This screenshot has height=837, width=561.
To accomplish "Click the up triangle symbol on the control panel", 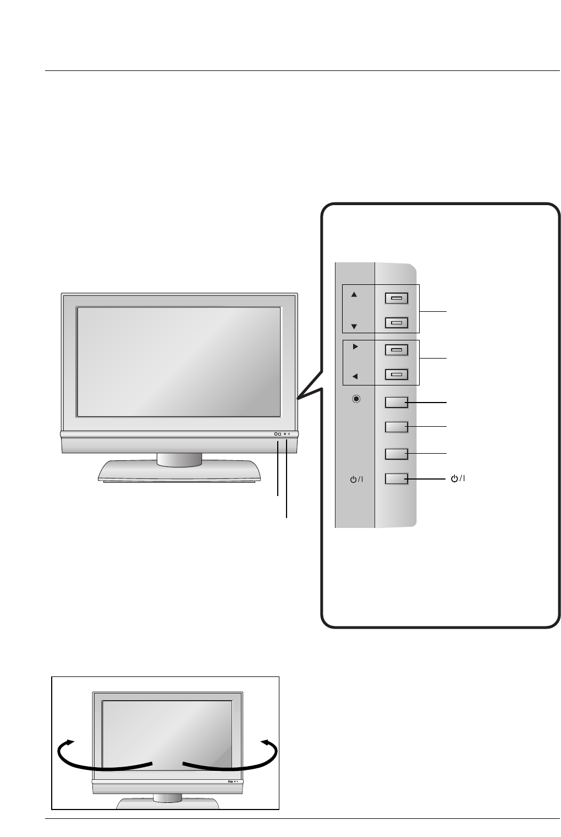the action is coord(354,295).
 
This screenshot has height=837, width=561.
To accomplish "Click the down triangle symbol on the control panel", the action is coord(354,326).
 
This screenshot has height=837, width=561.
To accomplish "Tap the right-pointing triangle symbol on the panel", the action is coord(355,347).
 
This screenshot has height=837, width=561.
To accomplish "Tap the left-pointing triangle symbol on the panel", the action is coord(355,377).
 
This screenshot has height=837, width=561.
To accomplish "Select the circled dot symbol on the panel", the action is coord(356,399).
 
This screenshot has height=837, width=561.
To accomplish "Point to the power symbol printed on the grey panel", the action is coord(356,480).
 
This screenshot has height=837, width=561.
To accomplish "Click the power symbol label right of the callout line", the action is coord(458,478).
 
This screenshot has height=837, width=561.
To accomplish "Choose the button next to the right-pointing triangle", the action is coord(396,350).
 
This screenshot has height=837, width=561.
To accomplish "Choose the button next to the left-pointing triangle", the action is coord(396,375).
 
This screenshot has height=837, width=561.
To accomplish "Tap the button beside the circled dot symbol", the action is coord(396,403).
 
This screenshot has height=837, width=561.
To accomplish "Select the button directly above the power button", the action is coord(396,454).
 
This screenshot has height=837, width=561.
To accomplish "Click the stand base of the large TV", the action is coord(179,472).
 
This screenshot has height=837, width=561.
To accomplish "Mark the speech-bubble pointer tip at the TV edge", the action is coord(298,398).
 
